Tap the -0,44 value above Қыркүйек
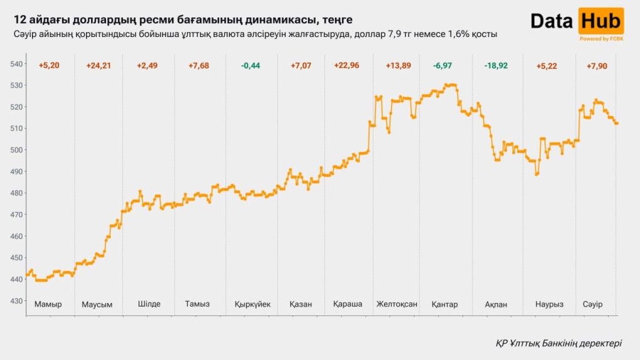point(252,66)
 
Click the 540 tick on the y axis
point(16,64)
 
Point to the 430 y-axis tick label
point(16,301)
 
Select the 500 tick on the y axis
point(16,150)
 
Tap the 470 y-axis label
point(16,214)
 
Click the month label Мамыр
point(48,304)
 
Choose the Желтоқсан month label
point(397,304)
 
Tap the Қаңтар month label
point(445,304)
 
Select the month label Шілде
point(149,304)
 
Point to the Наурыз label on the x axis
point(549,304)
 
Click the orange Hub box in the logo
point(600,21)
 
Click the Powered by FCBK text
point(601,39)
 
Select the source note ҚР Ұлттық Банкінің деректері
point(558,343)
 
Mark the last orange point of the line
point(617,123)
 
